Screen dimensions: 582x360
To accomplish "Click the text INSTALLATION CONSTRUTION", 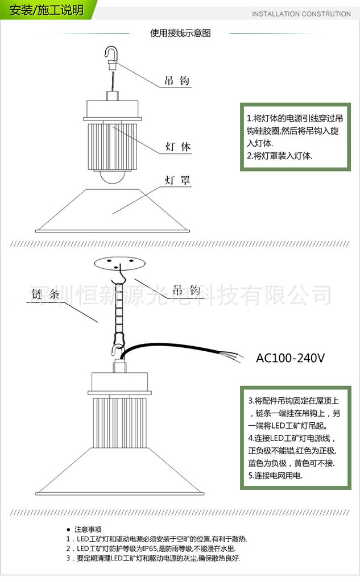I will (301, 14).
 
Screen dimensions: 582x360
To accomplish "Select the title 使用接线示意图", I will (180, 33).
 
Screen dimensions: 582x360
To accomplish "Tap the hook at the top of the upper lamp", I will (111, 53).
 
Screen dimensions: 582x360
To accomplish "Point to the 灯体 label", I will (177, 147).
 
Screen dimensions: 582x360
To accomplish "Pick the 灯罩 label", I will (177, 181).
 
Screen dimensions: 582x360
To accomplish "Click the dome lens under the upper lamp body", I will (115, 176).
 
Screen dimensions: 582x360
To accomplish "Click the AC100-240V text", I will (290, 358).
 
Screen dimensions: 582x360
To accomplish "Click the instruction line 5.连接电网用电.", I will (275, 475).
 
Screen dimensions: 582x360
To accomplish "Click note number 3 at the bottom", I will (69, 558).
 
